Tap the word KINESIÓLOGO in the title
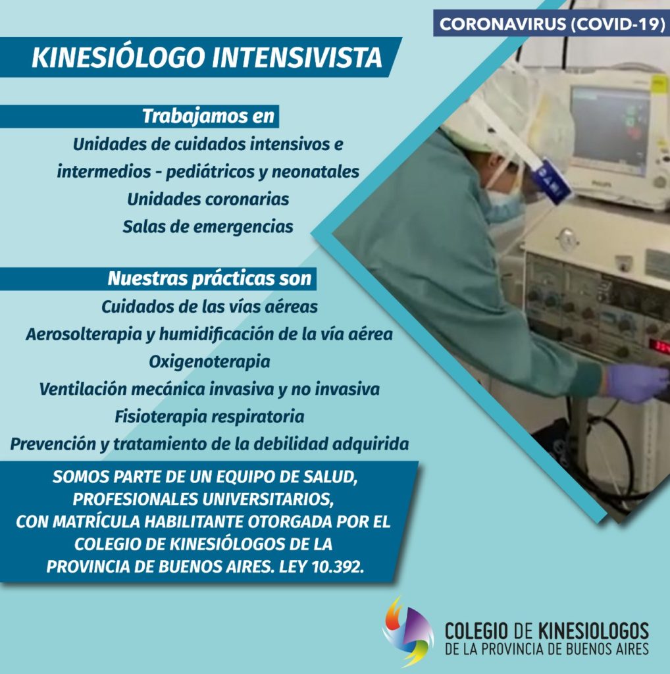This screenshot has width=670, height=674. point(118,58)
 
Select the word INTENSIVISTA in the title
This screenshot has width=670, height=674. point(297,58)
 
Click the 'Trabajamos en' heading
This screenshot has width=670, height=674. point(209,116)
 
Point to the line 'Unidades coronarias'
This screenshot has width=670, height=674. point(208,199)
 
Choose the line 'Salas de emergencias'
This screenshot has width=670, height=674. point(208,226)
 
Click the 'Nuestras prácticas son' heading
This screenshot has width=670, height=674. point(209,278)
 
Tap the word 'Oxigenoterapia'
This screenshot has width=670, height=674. point(209,362)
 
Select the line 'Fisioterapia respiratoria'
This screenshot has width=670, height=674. point(209,417)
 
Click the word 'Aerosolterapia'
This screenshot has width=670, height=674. point(84,334)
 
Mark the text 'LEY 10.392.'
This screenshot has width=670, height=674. point(321,567)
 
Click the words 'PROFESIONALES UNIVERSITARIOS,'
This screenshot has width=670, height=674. point(203,499)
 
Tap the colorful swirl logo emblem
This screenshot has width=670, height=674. point(407,631)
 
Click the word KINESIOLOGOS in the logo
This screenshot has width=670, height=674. point(593,631)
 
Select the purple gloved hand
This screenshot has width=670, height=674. point(636,382)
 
